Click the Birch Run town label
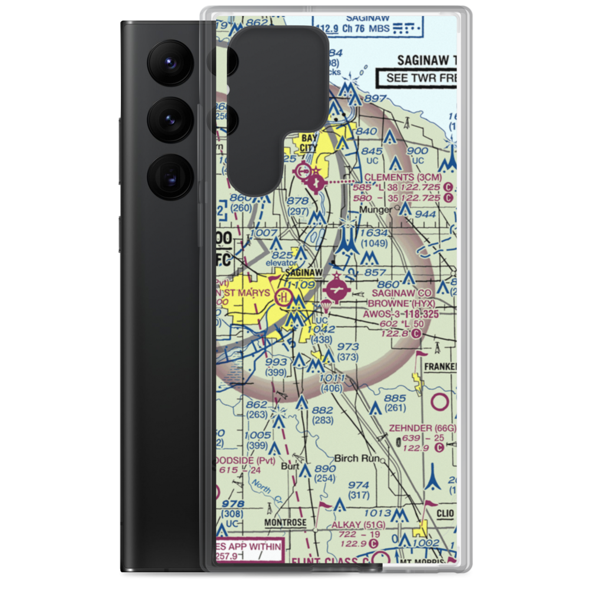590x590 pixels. (x=355, y=458)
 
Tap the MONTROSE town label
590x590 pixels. (x=286, y=523)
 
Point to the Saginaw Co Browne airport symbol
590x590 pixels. (x=337, y=290)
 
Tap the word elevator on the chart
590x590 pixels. (x=280, y=263)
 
